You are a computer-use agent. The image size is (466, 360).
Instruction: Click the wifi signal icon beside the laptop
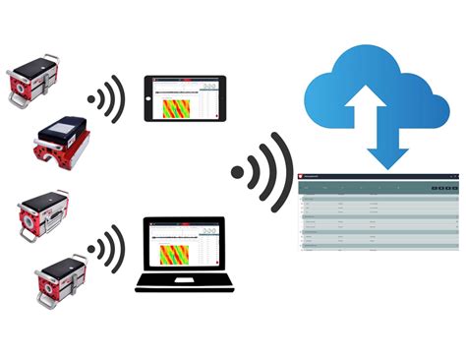pyautogui.click(x=107, y=247)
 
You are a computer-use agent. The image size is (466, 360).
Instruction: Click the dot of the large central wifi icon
pyautogui.click(x=237, y=174)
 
